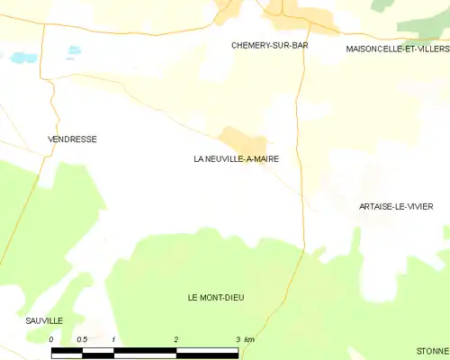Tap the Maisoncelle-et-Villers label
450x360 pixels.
(x=397, y=49)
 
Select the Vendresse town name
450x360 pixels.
(x=72, y=139)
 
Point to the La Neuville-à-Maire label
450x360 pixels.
(x=236, y=159)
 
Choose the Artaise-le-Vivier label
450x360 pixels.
(x=396, y=207)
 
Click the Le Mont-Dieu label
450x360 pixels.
(x=216, y=298)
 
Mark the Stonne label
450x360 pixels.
(x=432, y=350)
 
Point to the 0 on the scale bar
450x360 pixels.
(x=51, y=339)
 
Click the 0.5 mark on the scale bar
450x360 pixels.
(x=82, y=339)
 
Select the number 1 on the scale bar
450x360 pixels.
(x=114, y=339)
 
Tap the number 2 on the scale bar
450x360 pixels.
(x=176, y=339)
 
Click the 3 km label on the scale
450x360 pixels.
(x=244, y=339)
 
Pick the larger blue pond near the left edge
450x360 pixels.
(x=19, y=58)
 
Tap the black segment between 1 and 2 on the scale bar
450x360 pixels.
(x=145, y=351)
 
